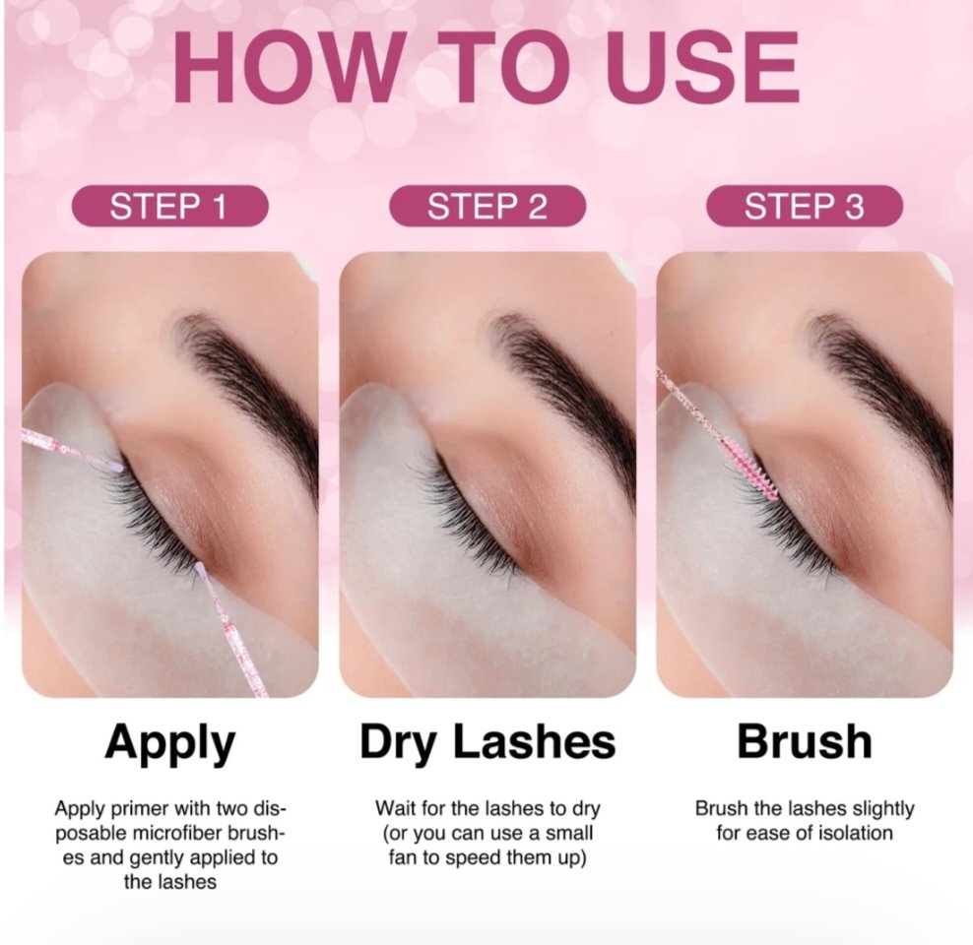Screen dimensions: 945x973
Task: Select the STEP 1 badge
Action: [x=168, y=207]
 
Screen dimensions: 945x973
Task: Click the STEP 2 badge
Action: [x=486, y=207]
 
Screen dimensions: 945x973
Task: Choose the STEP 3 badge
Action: [x=804, y=207]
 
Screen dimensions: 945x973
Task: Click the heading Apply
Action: [x=169, y=742]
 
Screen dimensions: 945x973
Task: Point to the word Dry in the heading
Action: [x=407, y=742]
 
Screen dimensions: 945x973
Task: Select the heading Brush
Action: [x=804, y=742]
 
